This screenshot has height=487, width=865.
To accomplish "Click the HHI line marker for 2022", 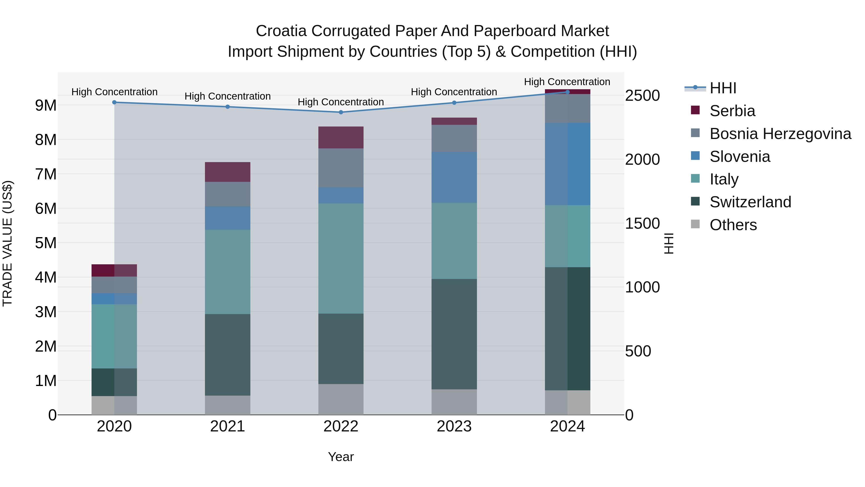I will click(341, 112).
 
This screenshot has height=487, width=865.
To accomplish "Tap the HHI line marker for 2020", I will click(114, 102).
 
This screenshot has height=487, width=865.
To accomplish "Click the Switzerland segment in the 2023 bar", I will click(454, 334).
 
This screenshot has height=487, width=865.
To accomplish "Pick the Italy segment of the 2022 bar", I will click(341, 259).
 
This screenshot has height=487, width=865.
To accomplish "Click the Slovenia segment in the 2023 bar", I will click(454, 177).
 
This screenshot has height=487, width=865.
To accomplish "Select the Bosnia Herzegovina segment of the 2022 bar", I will click(341, 168).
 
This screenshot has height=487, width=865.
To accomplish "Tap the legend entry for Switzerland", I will click(750, 202).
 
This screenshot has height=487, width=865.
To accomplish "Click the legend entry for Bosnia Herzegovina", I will click(780, 134).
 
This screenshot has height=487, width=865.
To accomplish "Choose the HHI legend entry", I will click(723, 88).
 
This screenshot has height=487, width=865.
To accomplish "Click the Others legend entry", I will click(733, 225).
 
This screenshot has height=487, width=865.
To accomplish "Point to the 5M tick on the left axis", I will click(46, 243).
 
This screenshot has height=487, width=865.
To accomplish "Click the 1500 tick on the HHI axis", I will click(642, 223).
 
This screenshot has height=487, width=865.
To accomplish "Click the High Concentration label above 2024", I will click(567, 82).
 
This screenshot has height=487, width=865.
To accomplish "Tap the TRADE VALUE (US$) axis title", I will click(7, 243).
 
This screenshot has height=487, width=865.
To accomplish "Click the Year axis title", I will click(341, 457).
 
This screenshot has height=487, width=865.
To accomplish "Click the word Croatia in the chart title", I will click(281, 31).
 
